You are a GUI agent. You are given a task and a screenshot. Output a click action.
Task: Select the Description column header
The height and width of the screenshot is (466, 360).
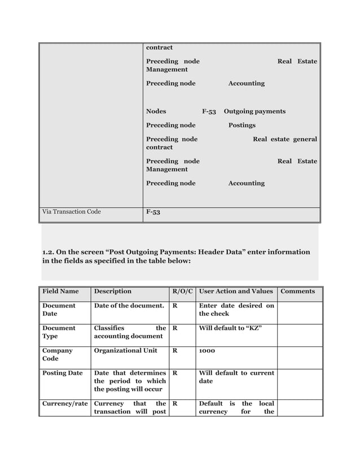point(112,291)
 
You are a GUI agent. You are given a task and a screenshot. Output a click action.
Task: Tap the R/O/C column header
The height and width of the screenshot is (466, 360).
point(182,291)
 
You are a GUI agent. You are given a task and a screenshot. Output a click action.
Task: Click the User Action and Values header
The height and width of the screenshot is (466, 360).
point(236,291)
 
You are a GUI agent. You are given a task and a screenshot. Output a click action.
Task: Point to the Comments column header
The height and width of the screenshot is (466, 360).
point(297,291)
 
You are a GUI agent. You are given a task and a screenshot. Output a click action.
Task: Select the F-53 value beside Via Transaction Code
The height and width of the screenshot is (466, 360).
point(153,213)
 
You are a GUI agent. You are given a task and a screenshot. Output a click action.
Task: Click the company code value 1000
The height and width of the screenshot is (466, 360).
point(207,350)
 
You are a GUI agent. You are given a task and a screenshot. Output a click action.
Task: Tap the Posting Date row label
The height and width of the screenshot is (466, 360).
point(63,373)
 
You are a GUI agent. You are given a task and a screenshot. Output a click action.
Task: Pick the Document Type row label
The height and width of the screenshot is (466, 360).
point(59,332)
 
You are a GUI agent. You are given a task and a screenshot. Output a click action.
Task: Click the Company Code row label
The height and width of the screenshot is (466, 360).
point(58,354)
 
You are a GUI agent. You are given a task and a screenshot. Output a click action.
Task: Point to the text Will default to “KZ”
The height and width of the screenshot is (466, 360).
point(230,328)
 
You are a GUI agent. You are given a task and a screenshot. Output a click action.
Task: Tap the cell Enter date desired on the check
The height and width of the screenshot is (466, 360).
point(236,310)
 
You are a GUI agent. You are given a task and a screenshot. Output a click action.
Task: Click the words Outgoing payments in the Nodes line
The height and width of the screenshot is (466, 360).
point(254,111)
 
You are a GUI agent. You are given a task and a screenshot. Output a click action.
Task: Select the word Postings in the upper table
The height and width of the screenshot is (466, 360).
point(242,125)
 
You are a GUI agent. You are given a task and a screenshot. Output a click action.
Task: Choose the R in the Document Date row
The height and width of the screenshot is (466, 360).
point(174,306)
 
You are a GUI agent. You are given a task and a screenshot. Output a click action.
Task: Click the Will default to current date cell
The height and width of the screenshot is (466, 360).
point(236,377)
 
